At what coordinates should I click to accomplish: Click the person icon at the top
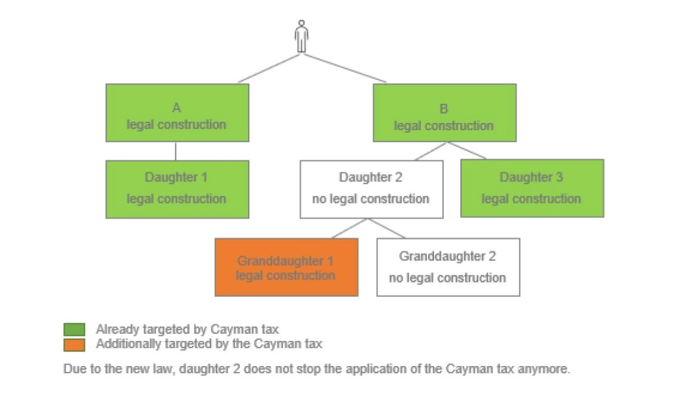301,36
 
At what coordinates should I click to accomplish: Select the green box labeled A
177,113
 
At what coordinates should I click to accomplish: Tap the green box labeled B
444,113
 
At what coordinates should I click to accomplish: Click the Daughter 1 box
177,189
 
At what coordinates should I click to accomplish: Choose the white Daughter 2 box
371,189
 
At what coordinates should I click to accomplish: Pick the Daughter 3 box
531,188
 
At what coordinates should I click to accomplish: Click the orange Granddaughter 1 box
286,267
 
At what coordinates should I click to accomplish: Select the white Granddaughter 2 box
448,267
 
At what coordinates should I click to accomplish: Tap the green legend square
74,329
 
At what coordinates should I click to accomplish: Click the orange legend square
74,344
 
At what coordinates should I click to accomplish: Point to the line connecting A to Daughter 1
176,151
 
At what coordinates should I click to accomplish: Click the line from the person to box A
270,68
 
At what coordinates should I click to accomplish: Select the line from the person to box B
343,68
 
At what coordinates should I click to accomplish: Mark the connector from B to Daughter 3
467,150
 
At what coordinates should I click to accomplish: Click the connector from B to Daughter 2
431,151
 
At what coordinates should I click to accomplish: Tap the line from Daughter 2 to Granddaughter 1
349,228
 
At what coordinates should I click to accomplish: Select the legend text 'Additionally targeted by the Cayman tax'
208,344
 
